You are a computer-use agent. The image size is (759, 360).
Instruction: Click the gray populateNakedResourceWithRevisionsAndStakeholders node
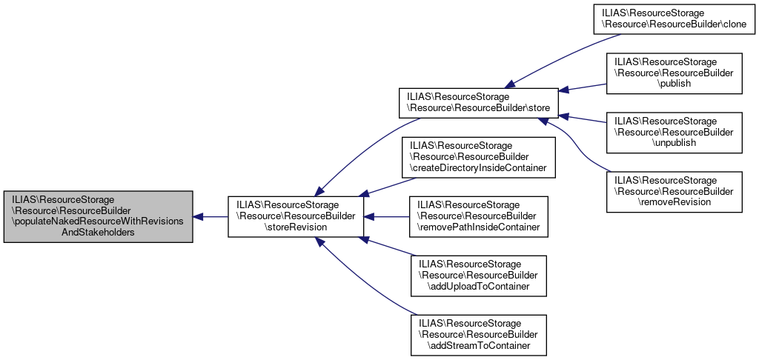pyautogui.click(x=98, y=216)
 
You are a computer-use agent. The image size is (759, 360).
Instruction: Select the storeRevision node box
pyautogui.click(x=295, y=216)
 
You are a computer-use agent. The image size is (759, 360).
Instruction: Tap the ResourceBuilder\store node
pyautogui.click(x=477, y=103)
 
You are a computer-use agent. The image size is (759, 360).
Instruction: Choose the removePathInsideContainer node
pyautogui.click(x=479, y=216)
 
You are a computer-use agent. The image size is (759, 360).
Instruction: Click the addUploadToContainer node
pyautogui.click(x=479, y=274)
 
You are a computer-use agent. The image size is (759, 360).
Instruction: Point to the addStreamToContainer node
pyautogui.click(x=479, y=335)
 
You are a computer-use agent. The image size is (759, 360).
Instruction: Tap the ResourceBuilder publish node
pyautogui.click(x=675, y=73)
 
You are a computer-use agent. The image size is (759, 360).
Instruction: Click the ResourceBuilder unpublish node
pyautogui.click(x=675, y=132)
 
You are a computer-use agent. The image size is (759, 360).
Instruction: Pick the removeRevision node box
pyautogui.click(x=675, y=191)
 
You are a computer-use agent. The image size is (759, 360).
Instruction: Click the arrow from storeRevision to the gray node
pyautogui.click(x=211, y=216)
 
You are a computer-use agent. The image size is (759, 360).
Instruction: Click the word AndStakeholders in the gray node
pyautogui.click(x=98, y=232)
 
